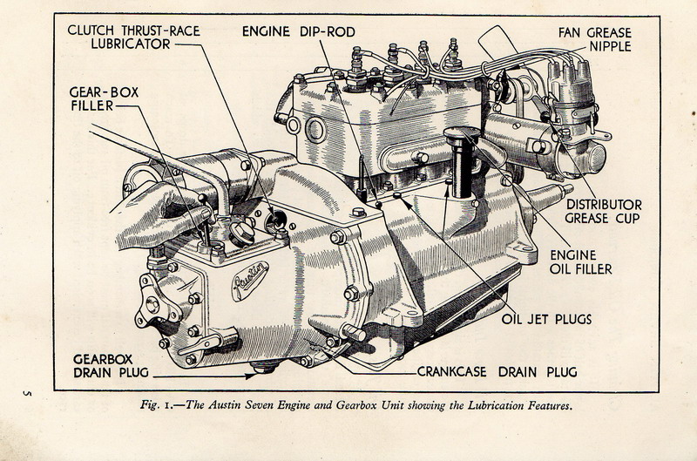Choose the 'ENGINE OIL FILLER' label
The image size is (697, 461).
580,261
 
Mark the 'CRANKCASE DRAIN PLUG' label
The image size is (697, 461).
497,372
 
